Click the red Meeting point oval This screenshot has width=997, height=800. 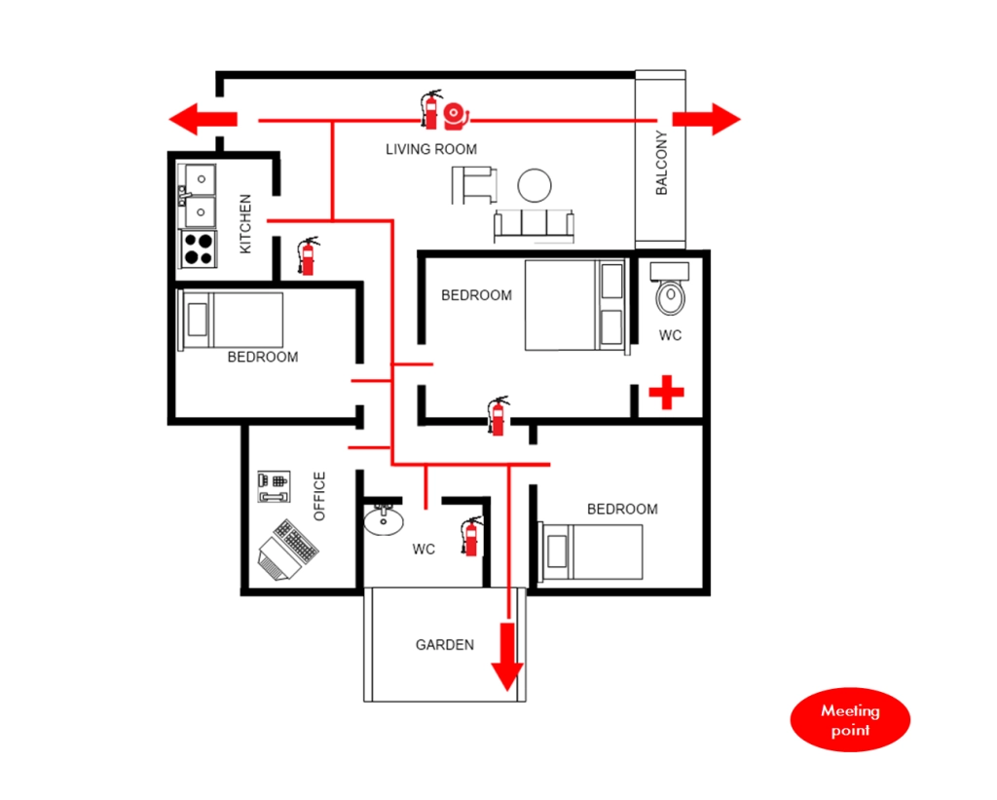pos(850,720)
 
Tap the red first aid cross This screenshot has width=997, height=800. pos(666,392)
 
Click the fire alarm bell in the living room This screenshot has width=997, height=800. pos(456,115)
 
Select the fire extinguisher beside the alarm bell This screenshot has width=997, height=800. pos(430,109)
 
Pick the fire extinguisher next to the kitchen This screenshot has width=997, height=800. pos(309,256)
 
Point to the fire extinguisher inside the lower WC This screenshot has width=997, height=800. pos(471,536)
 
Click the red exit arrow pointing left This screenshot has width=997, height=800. pos(203,119)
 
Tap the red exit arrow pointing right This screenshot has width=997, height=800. pos(707,119)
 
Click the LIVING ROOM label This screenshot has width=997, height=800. pos(431,149)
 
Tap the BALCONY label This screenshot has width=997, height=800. pos(662,163)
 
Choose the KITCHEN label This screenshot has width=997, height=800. pos(245,224)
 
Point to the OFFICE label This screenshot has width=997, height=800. pos(319,496)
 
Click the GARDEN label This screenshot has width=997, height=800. pos(444,645)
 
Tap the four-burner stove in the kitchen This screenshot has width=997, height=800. pos(199,248)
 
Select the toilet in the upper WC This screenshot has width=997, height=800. pos(670,289)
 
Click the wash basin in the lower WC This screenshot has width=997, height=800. pos(384,519)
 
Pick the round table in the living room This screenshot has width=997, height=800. pos(535,185)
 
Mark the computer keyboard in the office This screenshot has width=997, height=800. pos(296,541)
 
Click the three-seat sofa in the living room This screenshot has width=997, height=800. pos(535,225)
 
